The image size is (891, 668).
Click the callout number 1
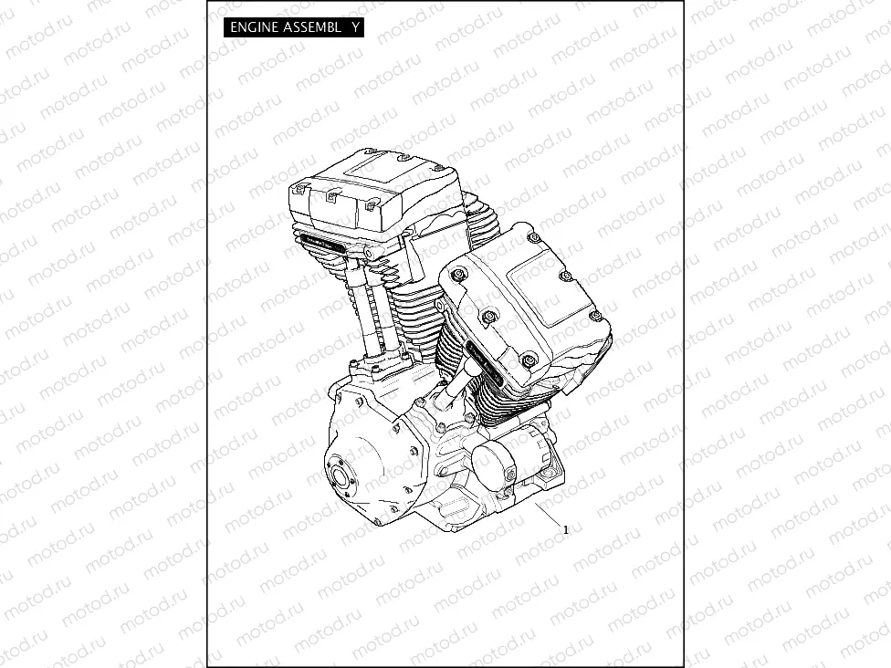[x=566, y=529]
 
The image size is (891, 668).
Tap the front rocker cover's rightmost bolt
[x=596, y=317]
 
